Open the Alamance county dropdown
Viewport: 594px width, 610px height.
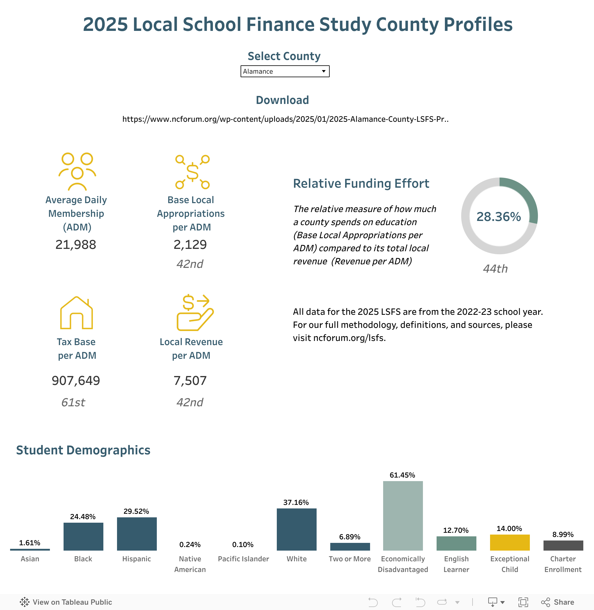pos(285,72)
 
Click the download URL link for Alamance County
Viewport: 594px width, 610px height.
pos(285,119)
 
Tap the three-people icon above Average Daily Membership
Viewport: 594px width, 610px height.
pos(77,171)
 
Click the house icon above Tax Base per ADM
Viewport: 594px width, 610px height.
pos(76,313)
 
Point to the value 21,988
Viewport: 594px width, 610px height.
pos(76,245)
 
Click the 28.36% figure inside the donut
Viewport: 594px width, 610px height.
pos(499,216)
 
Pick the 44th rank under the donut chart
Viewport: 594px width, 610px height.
pos(495,269)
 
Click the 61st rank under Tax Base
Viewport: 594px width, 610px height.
pos(73,402)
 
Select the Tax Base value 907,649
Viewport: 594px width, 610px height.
pos(76,381)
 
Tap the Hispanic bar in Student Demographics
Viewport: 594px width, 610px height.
pos(137,534)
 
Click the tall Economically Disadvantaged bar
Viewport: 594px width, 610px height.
pos(403,516)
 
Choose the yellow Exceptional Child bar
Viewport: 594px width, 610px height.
pos(509,543)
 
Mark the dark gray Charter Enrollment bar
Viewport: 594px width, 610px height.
pos(563,546)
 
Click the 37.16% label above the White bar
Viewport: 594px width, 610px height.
pos(296,502)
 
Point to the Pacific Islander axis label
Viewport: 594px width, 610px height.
pos(243,559)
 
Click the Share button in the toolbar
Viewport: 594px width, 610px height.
pos(558,602)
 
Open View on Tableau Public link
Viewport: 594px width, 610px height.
pos(66,602)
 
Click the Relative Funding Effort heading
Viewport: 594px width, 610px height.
pos(361,184)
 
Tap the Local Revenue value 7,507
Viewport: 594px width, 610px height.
pos(190,381)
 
